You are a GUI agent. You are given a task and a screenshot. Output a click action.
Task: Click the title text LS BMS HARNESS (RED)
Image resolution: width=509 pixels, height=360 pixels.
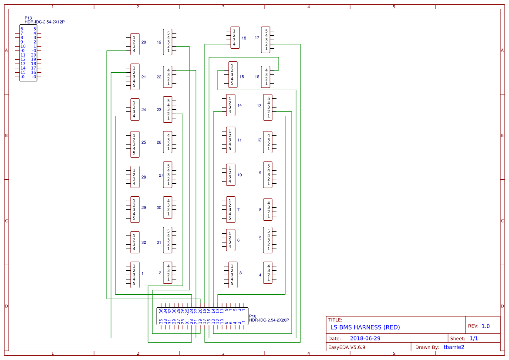point(365,327)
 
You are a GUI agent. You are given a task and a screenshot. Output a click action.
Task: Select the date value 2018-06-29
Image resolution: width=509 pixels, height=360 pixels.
point(365,338)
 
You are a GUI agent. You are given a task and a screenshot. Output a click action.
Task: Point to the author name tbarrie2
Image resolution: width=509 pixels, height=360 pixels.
point(454,347)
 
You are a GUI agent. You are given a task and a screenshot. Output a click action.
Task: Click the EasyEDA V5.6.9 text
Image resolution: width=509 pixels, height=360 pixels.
point(346,347)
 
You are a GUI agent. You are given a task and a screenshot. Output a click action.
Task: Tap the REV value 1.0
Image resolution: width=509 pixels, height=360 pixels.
point(485,326)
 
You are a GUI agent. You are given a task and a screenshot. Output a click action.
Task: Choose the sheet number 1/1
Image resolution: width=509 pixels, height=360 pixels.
point(474,338)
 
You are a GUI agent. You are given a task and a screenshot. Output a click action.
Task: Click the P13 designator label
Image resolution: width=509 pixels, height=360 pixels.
point(28,18)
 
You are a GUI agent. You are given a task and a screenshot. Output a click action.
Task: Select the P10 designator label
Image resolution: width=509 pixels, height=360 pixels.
point(252,316)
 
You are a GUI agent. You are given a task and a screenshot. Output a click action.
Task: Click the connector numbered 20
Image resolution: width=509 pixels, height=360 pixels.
point(135,44)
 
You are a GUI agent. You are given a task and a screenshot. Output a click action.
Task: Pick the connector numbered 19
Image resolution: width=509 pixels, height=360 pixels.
point(168,42)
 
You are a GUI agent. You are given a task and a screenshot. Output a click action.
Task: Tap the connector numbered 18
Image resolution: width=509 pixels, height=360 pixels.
point(235,38)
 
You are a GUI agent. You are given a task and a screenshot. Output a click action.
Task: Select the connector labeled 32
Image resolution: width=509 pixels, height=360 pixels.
point(135,242)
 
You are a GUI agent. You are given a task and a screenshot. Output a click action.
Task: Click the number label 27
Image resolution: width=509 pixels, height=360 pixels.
point(161,175)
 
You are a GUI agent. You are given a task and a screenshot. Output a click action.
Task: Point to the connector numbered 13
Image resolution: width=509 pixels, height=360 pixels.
point(268,107)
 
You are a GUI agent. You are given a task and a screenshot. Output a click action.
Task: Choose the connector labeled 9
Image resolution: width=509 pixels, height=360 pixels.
point(268,175)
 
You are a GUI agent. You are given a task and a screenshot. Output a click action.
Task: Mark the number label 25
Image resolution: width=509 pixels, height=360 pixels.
point(144,142)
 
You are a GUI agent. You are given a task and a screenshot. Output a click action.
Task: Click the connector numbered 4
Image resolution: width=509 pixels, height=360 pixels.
point(268,273)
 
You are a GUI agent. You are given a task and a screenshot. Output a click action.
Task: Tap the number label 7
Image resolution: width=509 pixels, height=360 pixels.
point(238,210)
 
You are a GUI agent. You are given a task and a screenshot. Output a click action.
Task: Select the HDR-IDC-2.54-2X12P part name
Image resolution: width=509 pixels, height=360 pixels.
point(44,22)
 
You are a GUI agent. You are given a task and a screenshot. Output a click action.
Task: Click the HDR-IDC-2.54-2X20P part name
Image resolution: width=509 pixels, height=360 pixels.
point(269,320)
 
